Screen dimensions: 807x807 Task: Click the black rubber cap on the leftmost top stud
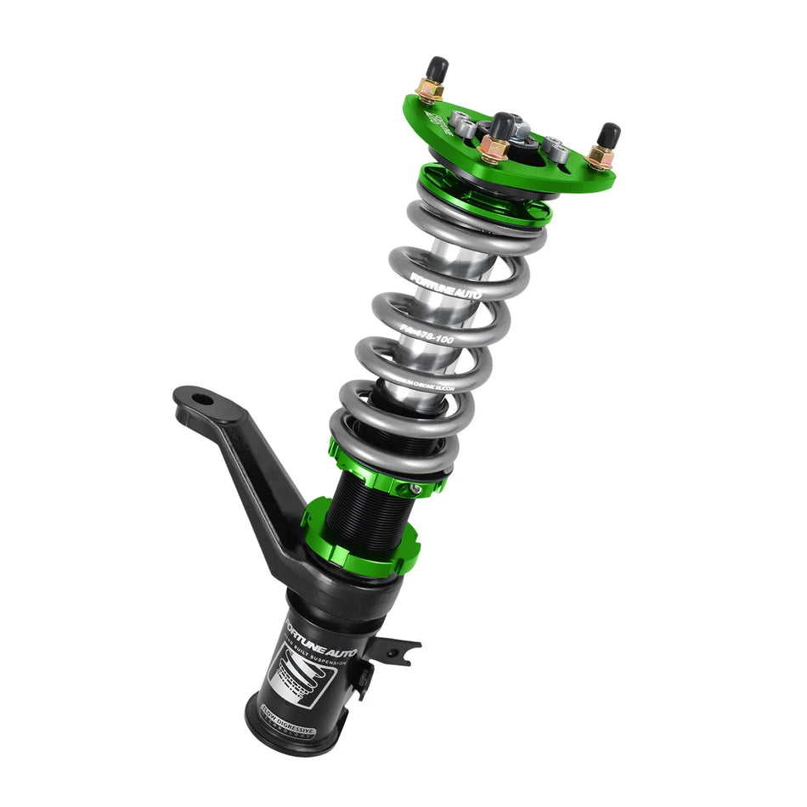pos(438,67)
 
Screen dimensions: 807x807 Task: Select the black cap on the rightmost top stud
pos(609,134)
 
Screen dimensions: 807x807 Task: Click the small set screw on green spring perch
pos(414,490)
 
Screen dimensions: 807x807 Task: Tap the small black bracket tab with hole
pos(398,651)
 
